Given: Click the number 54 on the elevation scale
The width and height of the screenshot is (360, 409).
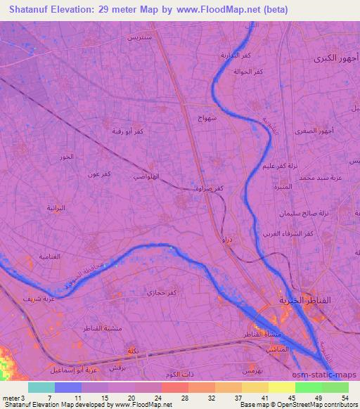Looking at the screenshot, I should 344,397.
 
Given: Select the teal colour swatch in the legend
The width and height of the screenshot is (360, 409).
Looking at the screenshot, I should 41,387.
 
